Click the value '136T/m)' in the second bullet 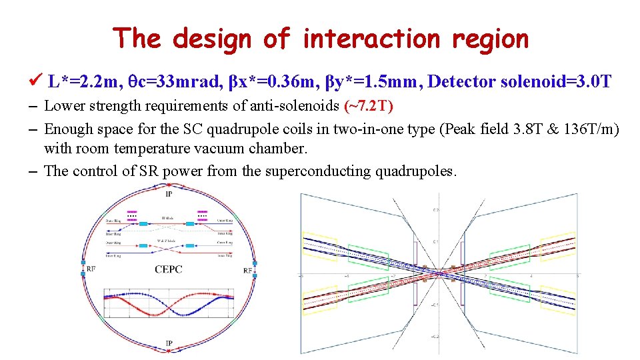[595, 129]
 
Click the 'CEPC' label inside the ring [169, 270]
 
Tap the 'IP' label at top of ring [169, 194]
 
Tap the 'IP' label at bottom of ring [169, 343]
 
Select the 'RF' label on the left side [91, 270]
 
